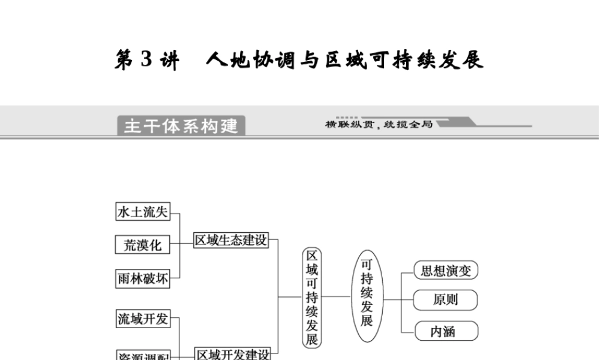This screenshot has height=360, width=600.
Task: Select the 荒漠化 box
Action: point(143,245)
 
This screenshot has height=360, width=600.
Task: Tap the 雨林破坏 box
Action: point(143,278)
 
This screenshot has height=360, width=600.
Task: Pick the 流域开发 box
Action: point(143,319)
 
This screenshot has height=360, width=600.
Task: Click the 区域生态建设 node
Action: point(231,241)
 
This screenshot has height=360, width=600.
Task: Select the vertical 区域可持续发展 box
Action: point(312,296)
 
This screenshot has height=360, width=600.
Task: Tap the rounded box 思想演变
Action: point(446,271)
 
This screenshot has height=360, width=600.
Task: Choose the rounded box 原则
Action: point(446,299)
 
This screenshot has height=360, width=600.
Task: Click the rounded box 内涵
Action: point(446,331)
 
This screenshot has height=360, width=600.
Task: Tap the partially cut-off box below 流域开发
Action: point(143,355)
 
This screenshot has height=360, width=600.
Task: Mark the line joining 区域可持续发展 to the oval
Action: point(337,296)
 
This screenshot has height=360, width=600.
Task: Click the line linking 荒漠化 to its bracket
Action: point(175,245)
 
